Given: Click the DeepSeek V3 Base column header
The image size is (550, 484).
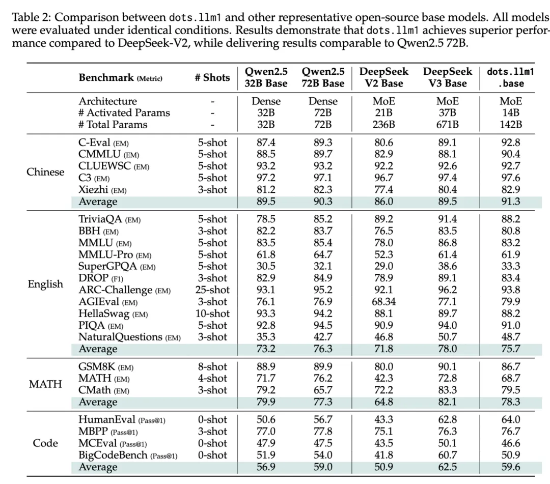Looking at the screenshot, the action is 448,77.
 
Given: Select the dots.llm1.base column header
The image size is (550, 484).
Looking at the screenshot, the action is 511,77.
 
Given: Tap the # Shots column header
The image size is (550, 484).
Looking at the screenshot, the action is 212,77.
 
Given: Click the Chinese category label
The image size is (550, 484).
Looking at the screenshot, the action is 45,172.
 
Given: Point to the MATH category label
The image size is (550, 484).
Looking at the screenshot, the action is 45,384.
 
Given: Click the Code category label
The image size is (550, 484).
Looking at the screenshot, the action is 45,443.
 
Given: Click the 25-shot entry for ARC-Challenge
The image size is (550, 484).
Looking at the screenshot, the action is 212,290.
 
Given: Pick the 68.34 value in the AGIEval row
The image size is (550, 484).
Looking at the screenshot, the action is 384,301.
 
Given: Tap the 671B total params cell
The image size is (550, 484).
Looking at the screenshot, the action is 448,124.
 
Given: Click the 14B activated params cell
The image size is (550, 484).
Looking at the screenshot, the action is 511,112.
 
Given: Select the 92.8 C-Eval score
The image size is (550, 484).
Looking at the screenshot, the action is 511,143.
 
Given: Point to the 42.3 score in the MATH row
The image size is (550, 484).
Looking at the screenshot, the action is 384,378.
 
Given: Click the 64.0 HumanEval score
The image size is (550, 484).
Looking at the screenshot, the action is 511,419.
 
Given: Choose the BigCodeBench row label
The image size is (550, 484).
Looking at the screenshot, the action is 128,455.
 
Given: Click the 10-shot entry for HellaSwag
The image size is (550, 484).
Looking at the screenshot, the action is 212,314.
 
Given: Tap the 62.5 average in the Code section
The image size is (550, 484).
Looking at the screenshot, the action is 448,467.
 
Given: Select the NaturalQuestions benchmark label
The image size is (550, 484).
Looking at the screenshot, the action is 129,337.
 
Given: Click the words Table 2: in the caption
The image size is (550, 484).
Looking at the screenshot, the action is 31,17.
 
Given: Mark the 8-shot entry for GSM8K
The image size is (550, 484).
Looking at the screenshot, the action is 212,366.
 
